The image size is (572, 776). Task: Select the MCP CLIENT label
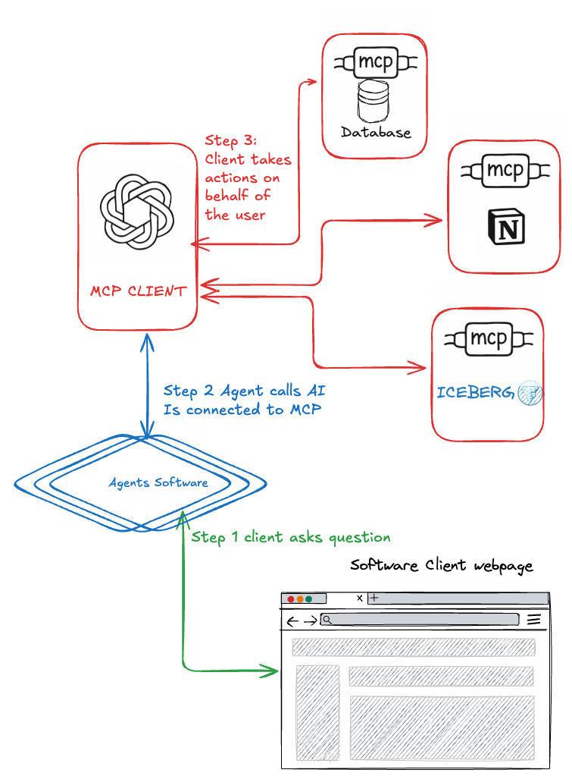138,291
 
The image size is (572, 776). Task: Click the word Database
376,133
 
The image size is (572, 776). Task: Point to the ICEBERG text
476,393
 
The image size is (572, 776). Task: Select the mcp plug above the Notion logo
504,171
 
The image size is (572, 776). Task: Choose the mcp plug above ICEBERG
487,338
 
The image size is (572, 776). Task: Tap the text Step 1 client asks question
291,538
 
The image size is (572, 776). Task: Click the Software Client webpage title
442,566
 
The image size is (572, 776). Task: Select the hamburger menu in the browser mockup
534,620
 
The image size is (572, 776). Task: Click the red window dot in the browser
291,599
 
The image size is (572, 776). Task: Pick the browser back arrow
293,622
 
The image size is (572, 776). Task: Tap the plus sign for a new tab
374,598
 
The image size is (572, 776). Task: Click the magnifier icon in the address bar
327,620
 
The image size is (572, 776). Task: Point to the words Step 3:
232,141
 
